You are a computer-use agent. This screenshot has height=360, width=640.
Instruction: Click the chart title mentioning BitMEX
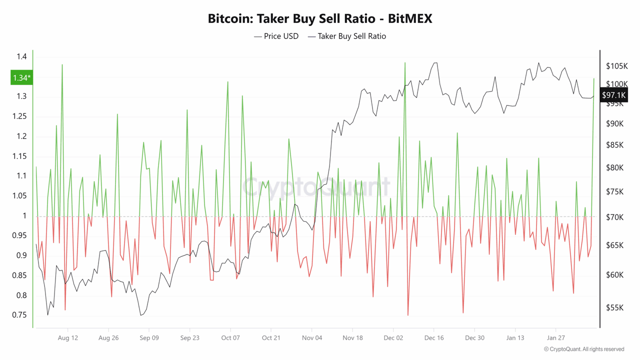point(320,19)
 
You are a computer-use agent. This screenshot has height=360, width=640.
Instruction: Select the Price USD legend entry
point(276,36)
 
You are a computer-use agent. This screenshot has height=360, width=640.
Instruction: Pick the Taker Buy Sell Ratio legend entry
point(347,36)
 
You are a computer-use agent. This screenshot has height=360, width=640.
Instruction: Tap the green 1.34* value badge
point(21,77)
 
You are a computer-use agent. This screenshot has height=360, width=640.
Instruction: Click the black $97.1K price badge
point(613,95)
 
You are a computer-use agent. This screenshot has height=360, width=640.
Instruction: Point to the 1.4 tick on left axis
point(21,57)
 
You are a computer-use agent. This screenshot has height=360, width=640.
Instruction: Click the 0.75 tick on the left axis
point(19,315)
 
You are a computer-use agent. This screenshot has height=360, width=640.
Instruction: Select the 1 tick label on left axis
point(24,216)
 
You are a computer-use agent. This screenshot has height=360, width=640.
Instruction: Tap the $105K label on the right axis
point(616,66)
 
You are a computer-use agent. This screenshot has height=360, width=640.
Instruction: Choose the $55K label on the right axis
point(614,308)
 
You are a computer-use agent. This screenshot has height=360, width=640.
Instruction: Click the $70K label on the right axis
point(614,217)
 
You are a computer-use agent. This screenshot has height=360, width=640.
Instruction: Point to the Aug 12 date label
point(68,338)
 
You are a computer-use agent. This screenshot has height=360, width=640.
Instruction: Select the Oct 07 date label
point(230,338)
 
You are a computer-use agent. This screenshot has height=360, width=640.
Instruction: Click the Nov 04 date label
point(312,338)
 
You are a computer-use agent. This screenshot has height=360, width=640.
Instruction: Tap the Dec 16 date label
point(434,338)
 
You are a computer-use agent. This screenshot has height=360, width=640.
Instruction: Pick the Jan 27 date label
point(556,338)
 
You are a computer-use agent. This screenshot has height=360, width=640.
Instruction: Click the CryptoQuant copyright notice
point(584,349)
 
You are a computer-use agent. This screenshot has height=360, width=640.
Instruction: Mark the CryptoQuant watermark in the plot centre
point(316,187)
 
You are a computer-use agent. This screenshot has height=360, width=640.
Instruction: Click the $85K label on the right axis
point(614,145)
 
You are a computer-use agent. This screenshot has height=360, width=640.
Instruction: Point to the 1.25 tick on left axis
point(19,116)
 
